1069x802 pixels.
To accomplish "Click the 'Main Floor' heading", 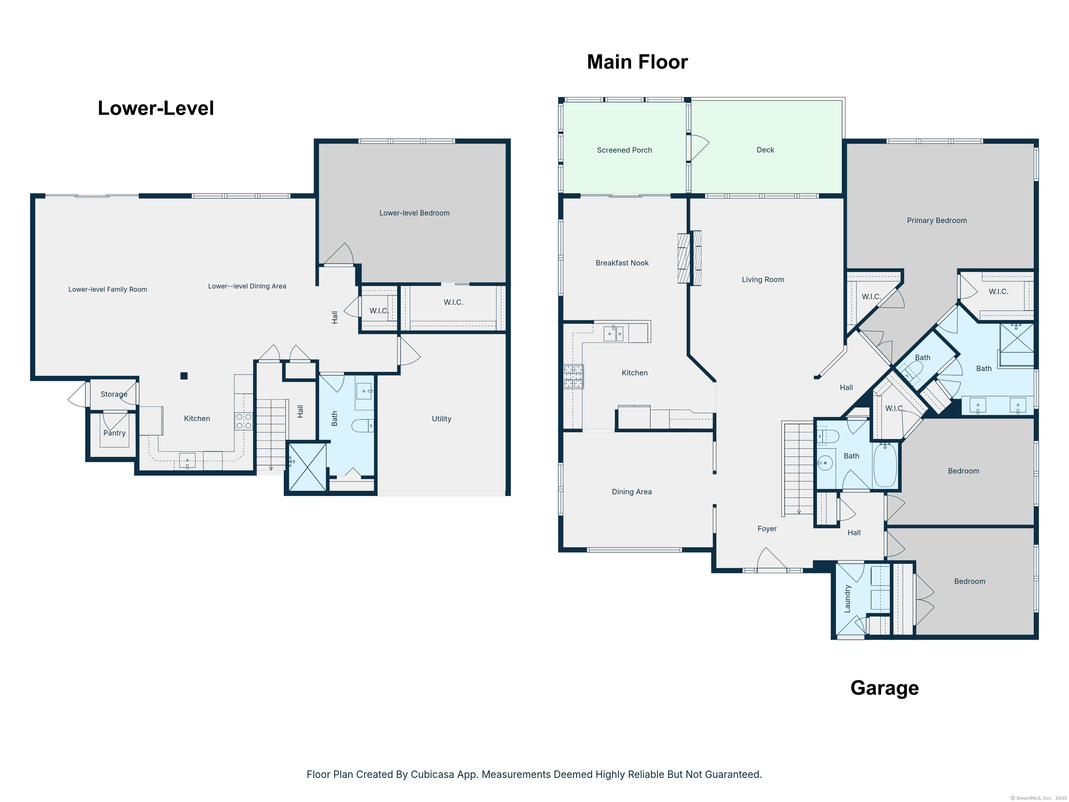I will pos(637,62).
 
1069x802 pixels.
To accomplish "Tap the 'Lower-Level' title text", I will pos(156,108).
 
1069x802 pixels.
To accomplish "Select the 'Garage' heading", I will pos(884,687).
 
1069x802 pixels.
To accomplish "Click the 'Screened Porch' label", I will pos(624,150).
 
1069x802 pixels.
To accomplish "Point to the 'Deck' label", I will pos(765,150).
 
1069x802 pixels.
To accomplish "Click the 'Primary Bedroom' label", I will pos(936,220).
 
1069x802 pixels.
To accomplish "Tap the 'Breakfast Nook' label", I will pos(621,263).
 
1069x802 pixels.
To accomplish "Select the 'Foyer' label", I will pos(767,529).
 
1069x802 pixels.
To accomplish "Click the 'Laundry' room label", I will pos(847,598).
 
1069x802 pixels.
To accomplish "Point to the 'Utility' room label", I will pos(441,419).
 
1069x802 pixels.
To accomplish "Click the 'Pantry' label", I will pos(114,433).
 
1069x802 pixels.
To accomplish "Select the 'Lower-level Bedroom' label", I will pos(414,213).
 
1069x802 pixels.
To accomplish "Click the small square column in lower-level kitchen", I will pos(184,376).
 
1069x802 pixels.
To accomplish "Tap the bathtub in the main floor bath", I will pos(885,465).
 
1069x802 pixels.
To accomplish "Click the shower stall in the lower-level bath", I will pos(307,467).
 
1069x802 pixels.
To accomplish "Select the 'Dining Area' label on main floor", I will pos(631,492).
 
